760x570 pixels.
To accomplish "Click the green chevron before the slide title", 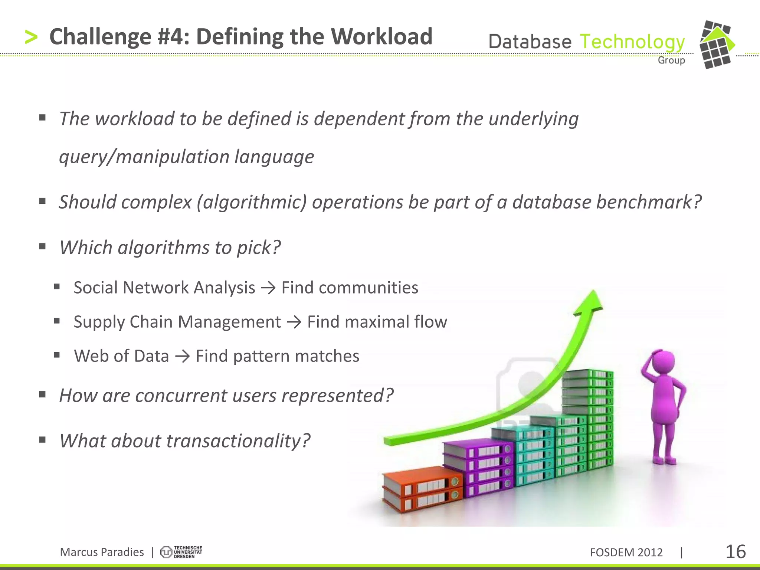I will pyautogui.click(x=31, y=37).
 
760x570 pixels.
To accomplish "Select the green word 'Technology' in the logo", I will pyautogui.click(x=632, y=42).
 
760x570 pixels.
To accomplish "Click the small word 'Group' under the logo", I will pyautogui.click(x=671, y=60).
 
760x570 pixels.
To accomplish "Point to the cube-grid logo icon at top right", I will pyautogui.click(x=717, y=45).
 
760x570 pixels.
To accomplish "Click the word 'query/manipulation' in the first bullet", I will pyautogui.click(x=144, y=157).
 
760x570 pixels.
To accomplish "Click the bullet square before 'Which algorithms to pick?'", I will pyautogui.click(x=42, y=246).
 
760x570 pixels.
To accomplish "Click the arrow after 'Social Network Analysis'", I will pyautogui.click(x=268, y=288).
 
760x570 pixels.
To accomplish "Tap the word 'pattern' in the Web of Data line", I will pyautogui.click(x=261, y=356).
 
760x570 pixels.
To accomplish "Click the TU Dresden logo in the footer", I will pyautogui.click(x=181, y=552).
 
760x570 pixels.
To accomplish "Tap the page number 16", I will pyautogui.click(x=735, y=552).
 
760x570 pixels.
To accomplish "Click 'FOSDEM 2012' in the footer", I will pyautogui.click(x=626, y=552).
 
